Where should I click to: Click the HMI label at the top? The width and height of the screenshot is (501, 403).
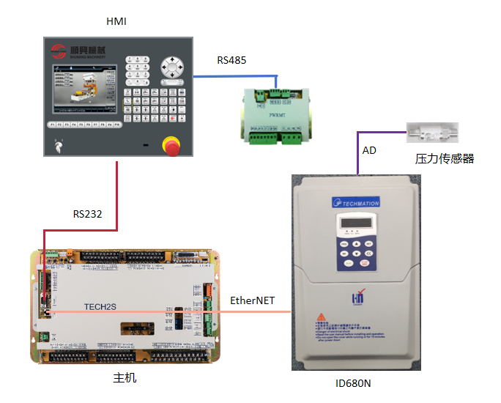coord(116,21)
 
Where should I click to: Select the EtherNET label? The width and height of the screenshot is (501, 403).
coord(253,300)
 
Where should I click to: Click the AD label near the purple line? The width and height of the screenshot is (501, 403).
coord(370,150)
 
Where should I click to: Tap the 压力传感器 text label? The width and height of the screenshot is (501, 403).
coord(445,158)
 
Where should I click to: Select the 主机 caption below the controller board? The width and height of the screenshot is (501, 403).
coord(125,378)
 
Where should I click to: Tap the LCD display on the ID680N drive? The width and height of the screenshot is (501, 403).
coord(355,225)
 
